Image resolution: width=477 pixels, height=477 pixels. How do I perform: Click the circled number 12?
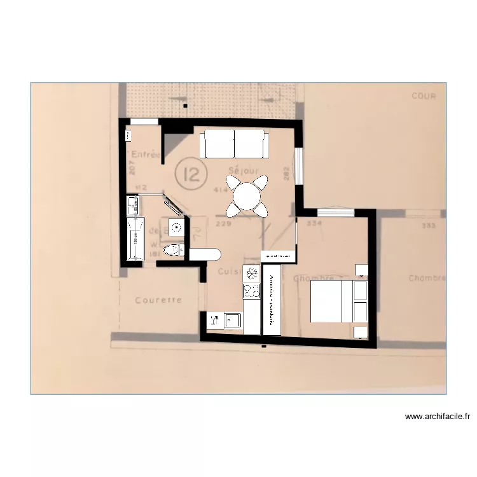click(189, 173)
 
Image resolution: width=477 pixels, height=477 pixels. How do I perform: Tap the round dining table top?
click(246, 197)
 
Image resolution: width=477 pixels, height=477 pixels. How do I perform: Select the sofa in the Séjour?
click(233, 144)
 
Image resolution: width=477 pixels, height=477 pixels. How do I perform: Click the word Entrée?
click(146, 155)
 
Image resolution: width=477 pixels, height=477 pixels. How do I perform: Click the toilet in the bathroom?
click(172, 250)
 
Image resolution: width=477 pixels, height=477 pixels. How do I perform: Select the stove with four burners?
click(252, 291)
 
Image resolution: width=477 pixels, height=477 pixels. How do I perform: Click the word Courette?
click(158, 300)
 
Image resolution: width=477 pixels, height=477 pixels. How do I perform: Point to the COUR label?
click(424, 96)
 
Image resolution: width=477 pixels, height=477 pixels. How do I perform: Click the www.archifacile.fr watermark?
click(438, 417)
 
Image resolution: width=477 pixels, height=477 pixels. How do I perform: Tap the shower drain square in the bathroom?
click(176, 227)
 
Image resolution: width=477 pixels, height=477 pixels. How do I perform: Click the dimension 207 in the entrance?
click(132, 167)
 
